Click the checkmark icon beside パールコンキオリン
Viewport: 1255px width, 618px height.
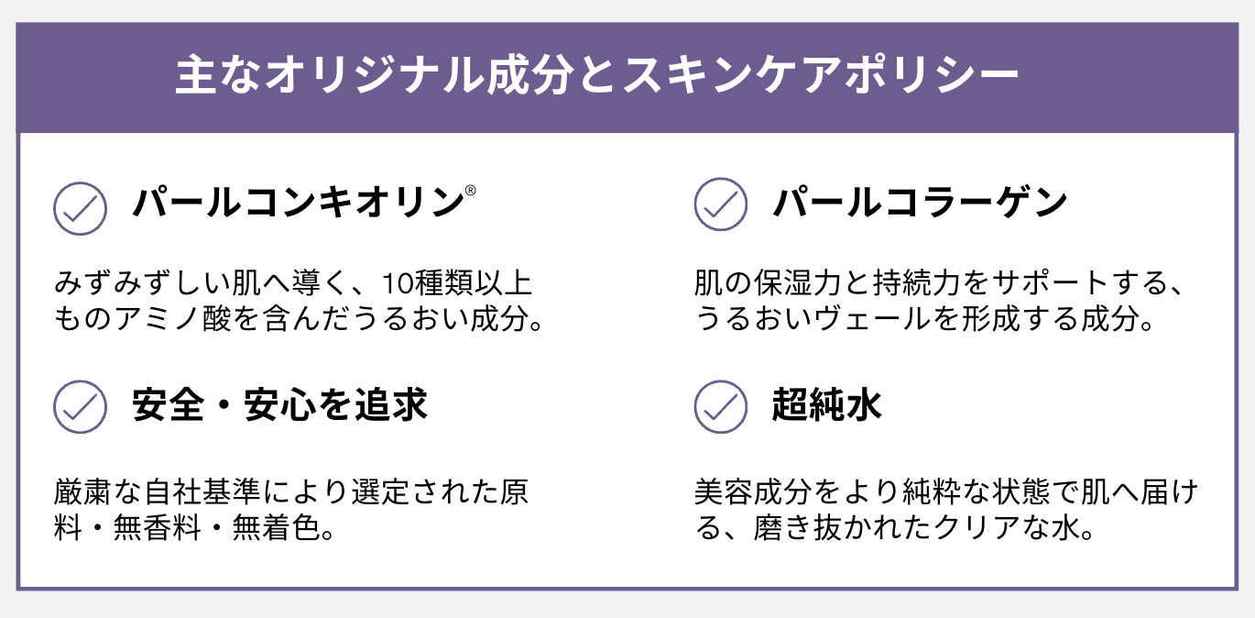[x=80, y=208]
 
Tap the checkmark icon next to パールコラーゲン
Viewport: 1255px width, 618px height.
[x=721, y=204]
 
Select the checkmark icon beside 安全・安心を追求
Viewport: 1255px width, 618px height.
[x=80, y=406]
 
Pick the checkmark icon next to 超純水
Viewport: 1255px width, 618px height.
[x=721, y=406]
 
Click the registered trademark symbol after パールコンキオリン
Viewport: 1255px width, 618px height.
[x=470, y=191]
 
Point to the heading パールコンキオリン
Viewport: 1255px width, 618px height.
[x=298, y=203]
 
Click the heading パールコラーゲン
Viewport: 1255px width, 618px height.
[x=921, y=203]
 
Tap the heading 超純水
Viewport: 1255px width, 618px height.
[x=827, y=405]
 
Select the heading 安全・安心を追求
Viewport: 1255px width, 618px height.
[x=280, y=405]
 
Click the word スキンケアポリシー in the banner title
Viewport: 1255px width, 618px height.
[x=820, y=74]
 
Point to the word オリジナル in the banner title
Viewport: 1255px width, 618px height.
[x=375, y=74]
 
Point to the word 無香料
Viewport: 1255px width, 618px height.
[x=158, y=528]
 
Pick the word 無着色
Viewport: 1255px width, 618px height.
[x=277, y=528]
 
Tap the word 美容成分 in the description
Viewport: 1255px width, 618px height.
[x=753, y=491]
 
